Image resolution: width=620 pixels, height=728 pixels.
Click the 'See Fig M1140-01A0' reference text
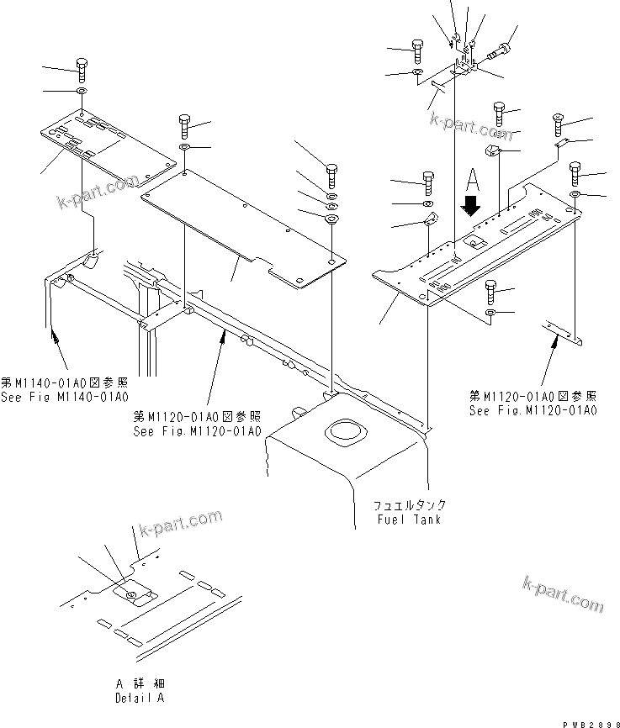tap(66, 396)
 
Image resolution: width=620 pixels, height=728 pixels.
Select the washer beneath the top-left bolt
tap(81, 91)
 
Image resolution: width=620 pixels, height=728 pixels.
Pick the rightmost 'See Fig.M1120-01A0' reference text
tap(533, 411)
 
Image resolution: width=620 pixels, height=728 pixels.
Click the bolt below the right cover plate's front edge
tap(492, 293)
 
